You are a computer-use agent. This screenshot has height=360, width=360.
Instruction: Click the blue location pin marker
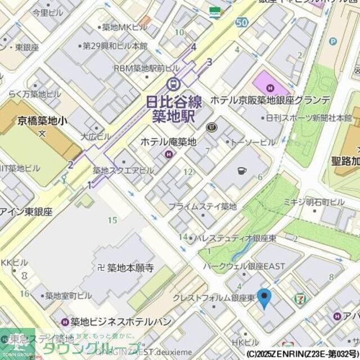(x=264, y=297)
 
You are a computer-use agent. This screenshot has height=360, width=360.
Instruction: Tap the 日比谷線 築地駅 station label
(x=173, y=109)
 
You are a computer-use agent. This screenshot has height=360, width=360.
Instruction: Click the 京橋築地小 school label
(x=42, y=120)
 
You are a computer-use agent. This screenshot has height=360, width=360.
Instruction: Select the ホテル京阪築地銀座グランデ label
(x=271, y=100)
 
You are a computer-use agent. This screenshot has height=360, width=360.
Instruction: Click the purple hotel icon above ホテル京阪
(x=271, y=87)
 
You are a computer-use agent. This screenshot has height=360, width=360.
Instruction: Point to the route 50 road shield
(x=242, y=22)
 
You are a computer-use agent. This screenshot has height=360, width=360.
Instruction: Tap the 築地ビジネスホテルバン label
(x=121, y=322)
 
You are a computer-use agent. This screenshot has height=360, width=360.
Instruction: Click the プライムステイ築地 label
(x=202, y=206)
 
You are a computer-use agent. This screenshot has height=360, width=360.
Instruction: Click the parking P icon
(x=332, y=41)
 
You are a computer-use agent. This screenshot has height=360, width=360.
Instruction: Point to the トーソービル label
(x=252, y=142)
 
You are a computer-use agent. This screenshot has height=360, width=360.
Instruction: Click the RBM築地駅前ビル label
(x=147, y=68)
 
